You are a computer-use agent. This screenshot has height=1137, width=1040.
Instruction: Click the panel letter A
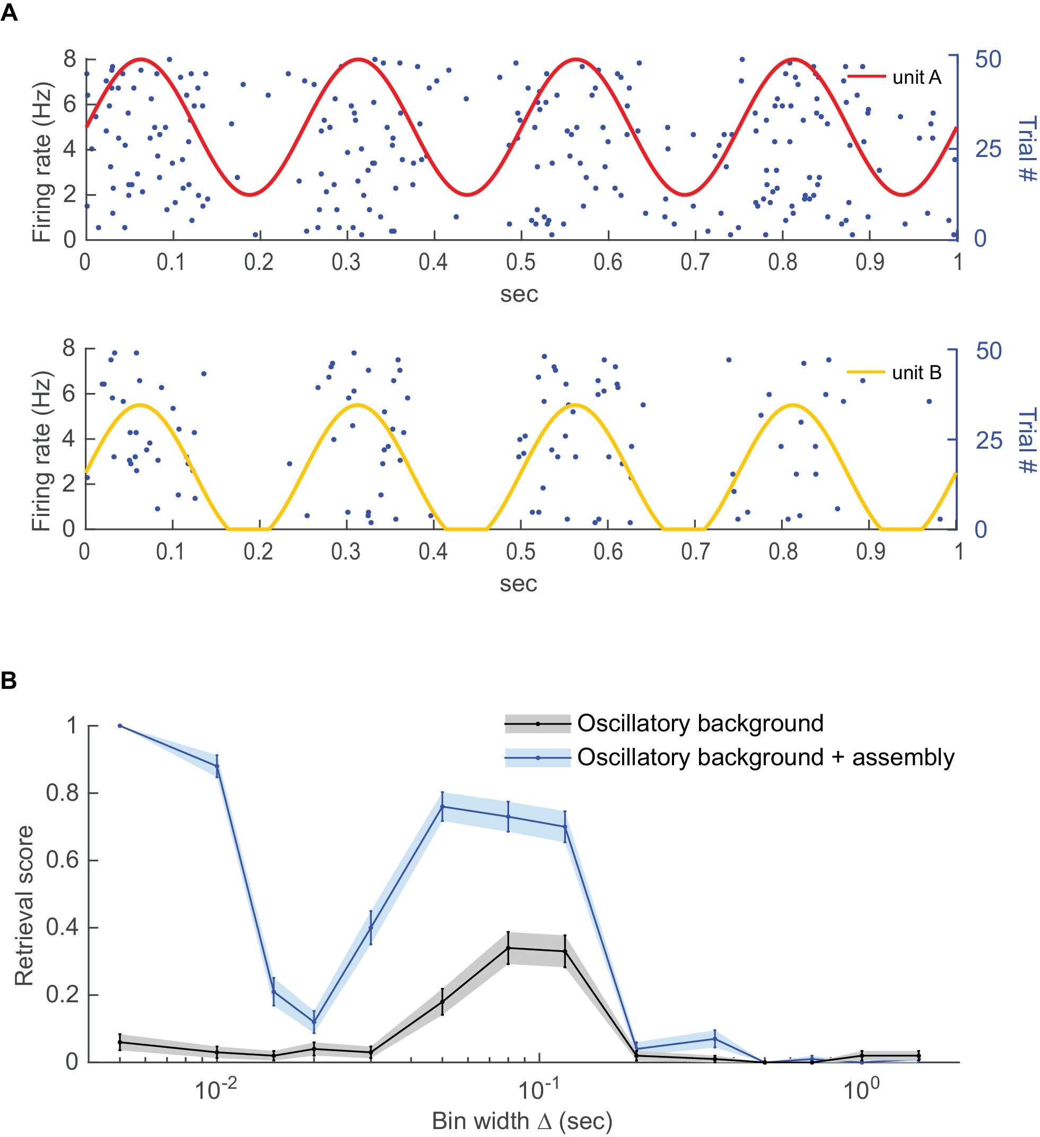click(9, 12)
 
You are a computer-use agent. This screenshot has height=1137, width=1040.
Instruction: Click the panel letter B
click(9, 681)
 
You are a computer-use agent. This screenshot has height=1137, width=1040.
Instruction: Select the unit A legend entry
click(916, 77)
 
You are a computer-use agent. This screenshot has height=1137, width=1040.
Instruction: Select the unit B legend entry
click(916, 373)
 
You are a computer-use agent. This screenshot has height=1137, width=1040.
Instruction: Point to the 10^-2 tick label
click(216, 1090)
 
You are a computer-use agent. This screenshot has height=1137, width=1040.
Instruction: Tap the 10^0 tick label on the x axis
click(861, 1090)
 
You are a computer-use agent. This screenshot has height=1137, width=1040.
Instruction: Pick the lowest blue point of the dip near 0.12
click(314, 1022)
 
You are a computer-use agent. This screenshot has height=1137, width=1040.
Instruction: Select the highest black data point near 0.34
click(508, 948)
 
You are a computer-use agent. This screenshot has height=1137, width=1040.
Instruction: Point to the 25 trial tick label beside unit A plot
click(988, 150)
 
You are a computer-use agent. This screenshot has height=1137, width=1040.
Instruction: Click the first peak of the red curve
click(141, 59)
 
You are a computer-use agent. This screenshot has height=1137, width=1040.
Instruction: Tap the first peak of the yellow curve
click(141, 405)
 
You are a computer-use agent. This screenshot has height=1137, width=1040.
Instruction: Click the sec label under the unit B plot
click(518, 584)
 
